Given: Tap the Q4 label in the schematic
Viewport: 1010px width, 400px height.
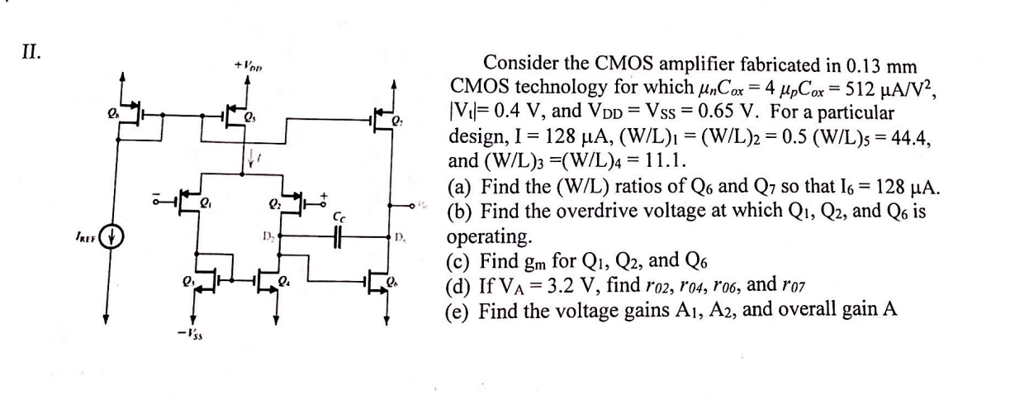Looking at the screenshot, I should point(286,286).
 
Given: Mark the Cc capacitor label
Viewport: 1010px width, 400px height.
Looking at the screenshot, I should point(339,217).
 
